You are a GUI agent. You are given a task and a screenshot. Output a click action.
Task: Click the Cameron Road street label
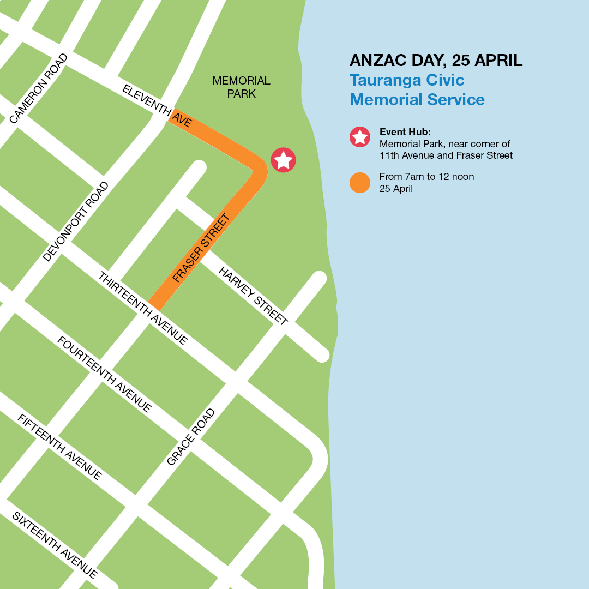[x=39, y=88]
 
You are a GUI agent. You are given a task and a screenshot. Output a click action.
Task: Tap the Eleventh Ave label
[x=157, y=106]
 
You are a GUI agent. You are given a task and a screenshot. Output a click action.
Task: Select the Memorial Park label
[x=241, y=87]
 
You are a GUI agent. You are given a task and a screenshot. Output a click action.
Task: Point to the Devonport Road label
[x=76, y=221]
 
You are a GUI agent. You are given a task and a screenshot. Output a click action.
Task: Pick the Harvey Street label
[x=253, y=296]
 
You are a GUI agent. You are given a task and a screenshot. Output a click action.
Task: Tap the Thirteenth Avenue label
[x=143, y=309]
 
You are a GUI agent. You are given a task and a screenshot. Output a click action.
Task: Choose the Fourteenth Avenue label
[x=105, y=375]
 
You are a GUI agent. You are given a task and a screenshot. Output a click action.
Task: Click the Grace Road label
[x=191, y=437]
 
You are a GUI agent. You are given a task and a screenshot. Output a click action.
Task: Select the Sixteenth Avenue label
[x=55, y=545]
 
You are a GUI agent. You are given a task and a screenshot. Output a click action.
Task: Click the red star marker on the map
[x=284, y=160]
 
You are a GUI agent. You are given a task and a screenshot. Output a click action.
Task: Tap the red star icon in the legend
[x=360, y=137]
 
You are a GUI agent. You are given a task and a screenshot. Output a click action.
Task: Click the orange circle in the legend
[x=360, y=183]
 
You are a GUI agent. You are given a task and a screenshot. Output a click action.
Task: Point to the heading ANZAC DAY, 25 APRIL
[x=436, y=60]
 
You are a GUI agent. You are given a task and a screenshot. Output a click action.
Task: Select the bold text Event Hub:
[x=405, y=132]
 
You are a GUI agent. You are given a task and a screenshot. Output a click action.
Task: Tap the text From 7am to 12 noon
[x=426, y=177]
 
